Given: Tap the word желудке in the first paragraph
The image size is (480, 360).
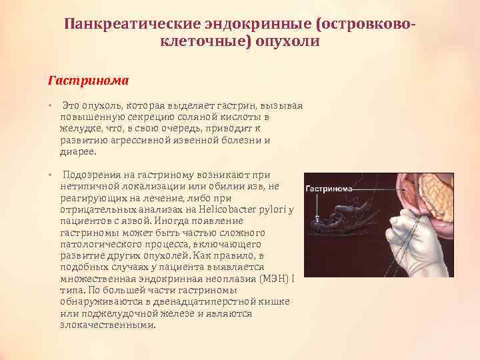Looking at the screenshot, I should (81, 129).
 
